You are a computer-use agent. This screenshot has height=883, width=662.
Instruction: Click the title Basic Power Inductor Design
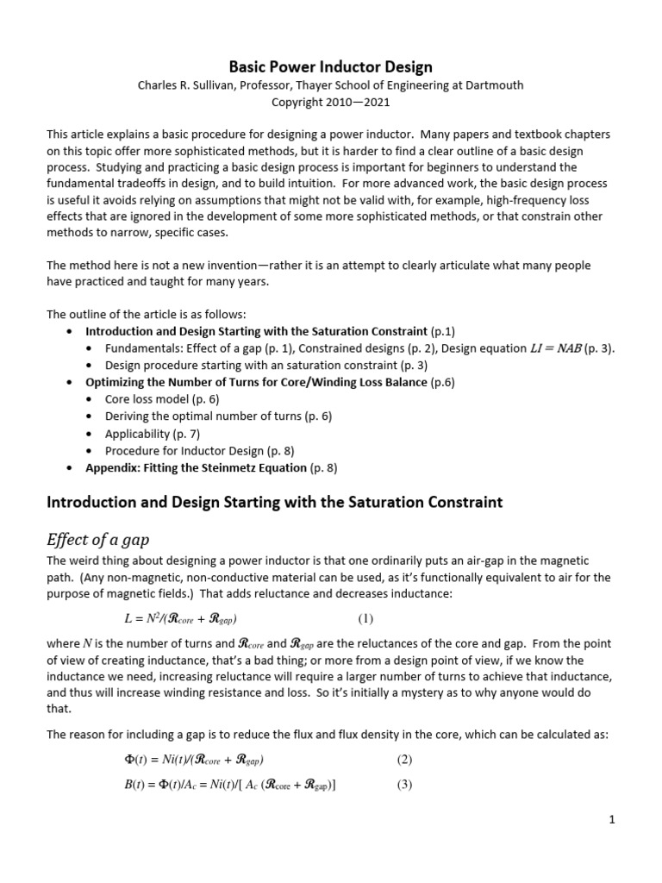pos(330,66)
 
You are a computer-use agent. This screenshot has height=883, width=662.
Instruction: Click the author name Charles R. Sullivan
pos(189,85)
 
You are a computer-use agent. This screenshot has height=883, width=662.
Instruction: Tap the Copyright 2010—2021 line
pos(330,102)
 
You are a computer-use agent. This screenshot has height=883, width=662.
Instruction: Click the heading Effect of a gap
pos(97,540)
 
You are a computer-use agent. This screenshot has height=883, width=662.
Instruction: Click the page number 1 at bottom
pos(611,820)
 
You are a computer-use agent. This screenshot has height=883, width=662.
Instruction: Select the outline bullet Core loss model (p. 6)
pos(162,398)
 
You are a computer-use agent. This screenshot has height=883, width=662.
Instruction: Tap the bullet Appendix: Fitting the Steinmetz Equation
pos(196,467)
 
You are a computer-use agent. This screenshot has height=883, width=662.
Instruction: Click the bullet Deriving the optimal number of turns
pos(218,416)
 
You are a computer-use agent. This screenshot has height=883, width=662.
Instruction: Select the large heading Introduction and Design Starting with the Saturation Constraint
pos(274,502)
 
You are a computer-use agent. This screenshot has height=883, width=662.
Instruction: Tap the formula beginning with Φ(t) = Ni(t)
pos(194,760)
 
